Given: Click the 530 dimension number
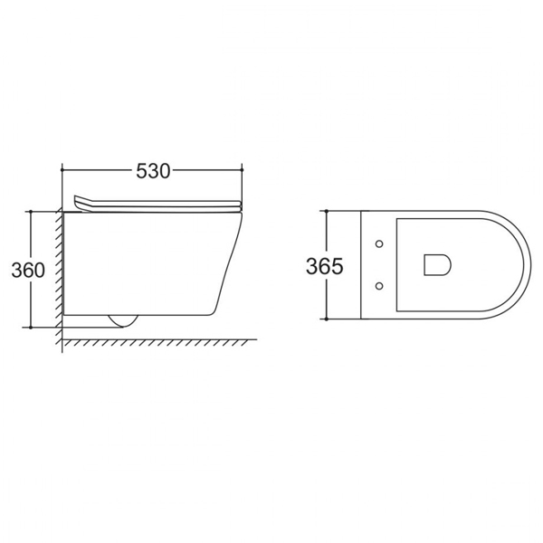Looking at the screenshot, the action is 153,171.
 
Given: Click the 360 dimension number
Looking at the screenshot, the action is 28,270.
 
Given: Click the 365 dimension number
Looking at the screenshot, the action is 325,266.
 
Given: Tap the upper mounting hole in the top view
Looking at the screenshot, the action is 379,243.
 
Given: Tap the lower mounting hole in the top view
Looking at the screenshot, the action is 379,286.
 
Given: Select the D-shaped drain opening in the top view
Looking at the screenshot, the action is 437,265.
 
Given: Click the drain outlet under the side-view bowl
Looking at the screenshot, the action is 123,321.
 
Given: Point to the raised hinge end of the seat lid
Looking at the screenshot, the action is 79,202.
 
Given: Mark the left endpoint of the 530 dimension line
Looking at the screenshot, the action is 62,170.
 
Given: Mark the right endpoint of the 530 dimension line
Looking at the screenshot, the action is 242,170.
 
